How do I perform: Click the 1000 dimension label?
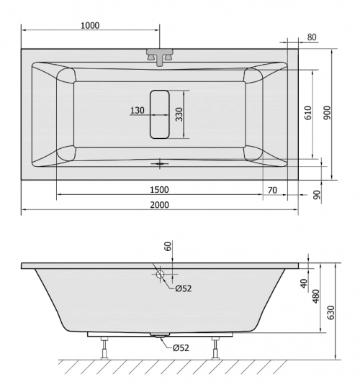tap(90, 25)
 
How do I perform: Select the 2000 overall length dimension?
tap(160, 205)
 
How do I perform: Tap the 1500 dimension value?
tap(160, 190)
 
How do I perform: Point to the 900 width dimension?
tap(327, 113)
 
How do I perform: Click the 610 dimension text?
tap(308, 113)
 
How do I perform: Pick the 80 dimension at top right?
tap(312, 37)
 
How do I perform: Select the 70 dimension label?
tap(272, 190)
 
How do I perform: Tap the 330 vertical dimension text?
tap(179, 114)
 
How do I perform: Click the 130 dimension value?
tap(138, 110)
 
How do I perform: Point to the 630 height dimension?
tap(331, 312)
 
